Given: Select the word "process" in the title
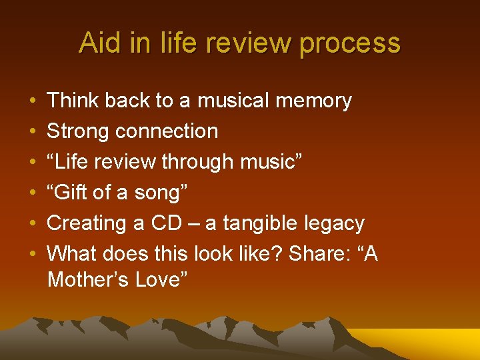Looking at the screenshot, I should pyautogui.click(x=350, y=43).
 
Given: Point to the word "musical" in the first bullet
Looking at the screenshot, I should pyautogui.click(x=233, y=101).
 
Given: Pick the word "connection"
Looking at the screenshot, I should pyautogui.click(x=167, y=131).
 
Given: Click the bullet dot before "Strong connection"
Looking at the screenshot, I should pyautogui.click(x=33, y=132).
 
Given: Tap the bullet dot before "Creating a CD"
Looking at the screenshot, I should pyautogui.click(x=33, y=224).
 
